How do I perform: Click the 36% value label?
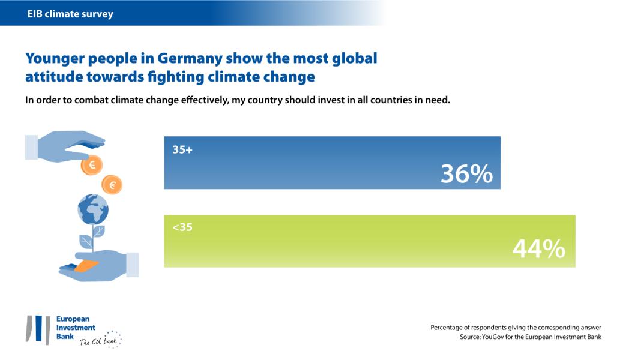(x=466, y=174)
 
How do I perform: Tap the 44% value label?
(x=538, y=249)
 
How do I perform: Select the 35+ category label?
(x=182, y=150)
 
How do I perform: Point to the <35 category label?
(x=182, y=228)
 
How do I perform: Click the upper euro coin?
(x=92, y=164)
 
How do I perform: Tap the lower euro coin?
(x=112, y=185)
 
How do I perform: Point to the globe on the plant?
(x=92, y=209)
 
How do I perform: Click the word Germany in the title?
(x=191, y=59)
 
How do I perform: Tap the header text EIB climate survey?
(x=70, y=13)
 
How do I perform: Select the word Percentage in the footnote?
(x=447, y=328)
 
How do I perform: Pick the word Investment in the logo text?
(x=76, y=328)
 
